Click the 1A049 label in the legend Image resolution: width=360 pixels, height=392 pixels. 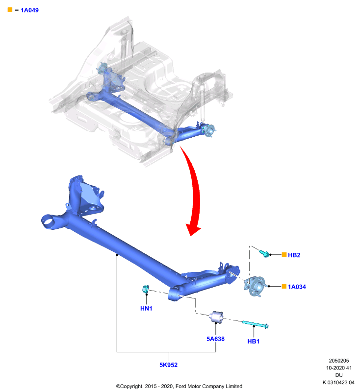point(29,10)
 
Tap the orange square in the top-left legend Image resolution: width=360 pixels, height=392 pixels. point(10,10)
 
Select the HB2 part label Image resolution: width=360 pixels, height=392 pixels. point(294,255)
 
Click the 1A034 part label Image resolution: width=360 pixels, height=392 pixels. point(297,287)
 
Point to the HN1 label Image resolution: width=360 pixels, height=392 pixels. point(146,309)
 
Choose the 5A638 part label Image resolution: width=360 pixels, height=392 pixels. point(215,339)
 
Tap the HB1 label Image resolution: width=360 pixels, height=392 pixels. point(253,342)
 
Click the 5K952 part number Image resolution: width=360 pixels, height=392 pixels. point(168,365)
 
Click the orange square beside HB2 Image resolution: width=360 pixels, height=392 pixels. point(284,255)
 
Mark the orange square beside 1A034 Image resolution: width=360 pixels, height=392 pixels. point(284,286)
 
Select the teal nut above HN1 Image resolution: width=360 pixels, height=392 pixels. point(145,289)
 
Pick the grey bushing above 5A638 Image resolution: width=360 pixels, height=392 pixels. point(217,317)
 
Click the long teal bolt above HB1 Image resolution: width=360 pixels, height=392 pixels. point(255,324)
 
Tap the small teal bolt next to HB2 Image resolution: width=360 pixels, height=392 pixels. point(264,253)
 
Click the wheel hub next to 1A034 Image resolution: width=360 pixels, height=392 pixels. point(255,286)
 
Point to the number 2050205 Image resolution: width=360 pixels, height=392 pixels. point(339,361)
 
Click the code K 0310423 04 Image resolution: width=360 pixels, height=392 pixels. point(338,383)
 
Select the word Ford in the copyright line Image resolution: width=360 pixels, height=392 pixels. point(180,387)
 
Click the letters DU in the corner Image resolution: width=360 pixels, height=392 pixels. point(339,375)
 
